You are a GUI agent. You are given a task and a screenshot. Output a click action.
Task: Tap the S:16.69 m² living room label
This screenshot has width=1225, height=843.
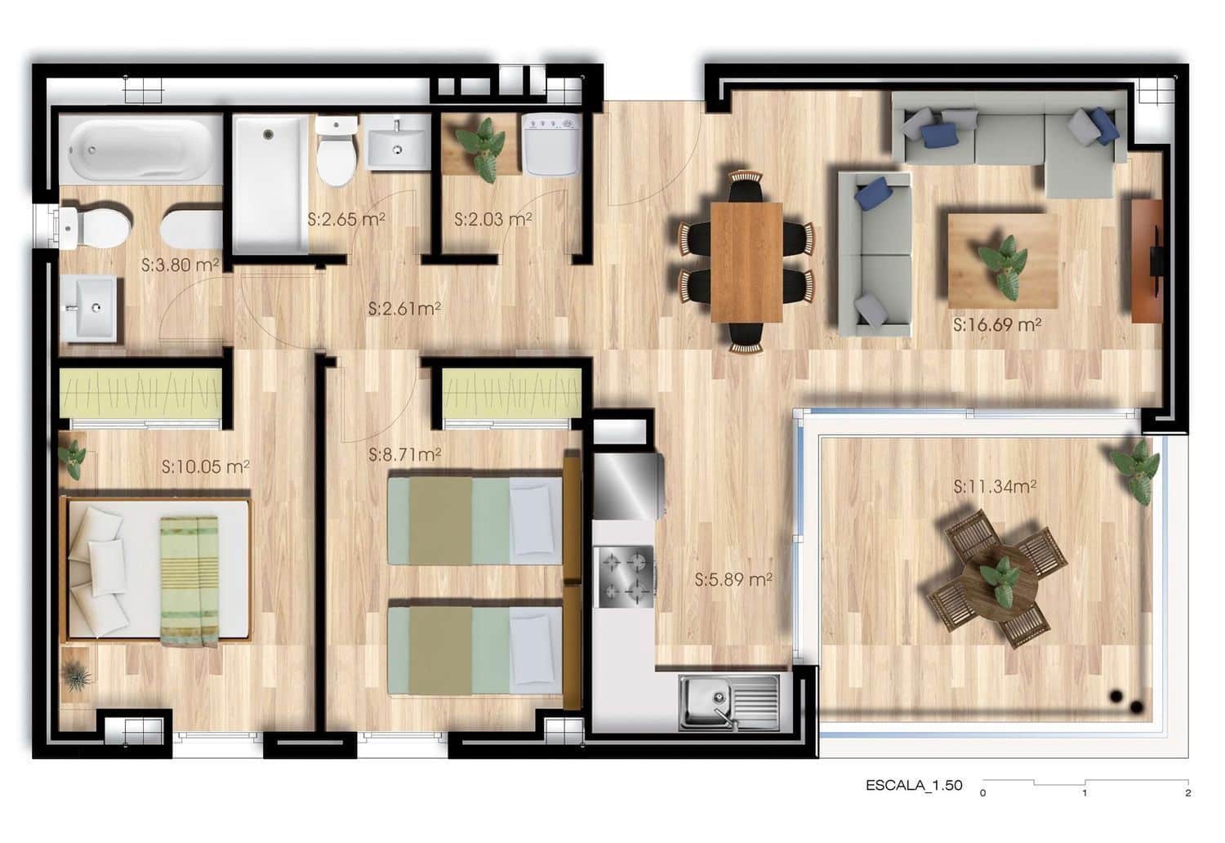pos(996,325)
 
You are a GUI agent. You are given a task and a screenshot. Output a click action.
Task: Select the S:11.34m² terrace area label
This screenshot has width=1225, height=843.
pos(995,487)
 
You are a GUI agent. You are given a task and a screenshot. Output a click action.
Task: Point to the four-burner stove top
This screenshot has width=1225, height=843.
pos(625,575)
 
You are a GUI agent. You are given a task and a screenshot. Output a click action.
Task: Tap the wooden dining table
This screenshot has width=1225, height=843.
pos(746,261)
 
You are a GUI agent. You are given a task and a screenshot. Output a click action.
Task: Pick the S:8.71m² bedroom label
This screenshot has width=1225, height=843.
pos(405,454)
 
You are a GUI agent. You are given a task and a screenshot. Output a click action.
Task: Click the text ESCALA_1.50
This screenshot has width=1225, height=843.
pos(914,786)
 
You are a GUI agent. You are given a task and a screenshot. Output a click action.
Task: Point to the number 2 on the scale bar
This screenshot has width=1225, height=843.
pos(1187,792)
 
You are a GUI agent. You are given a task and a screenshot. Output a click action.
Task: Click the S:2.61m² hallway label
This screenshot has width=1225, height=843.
pos(404,309)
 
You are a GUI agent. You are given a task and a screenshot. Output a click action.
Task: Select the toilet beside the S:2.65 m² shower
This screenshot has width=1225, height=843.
pos(336,150)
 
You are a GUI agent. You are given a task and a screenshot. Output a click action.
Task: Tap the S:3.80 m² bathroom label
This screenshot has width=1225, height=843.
pos(180,265)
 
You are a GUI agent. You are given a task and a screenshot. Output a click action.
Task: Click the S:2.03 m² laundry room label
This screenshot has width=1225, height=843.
pos(493,219)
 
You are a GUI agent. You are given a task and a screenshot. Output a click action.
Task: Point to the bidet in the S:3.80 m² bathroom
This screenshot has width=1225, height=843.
pos(191,228)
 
